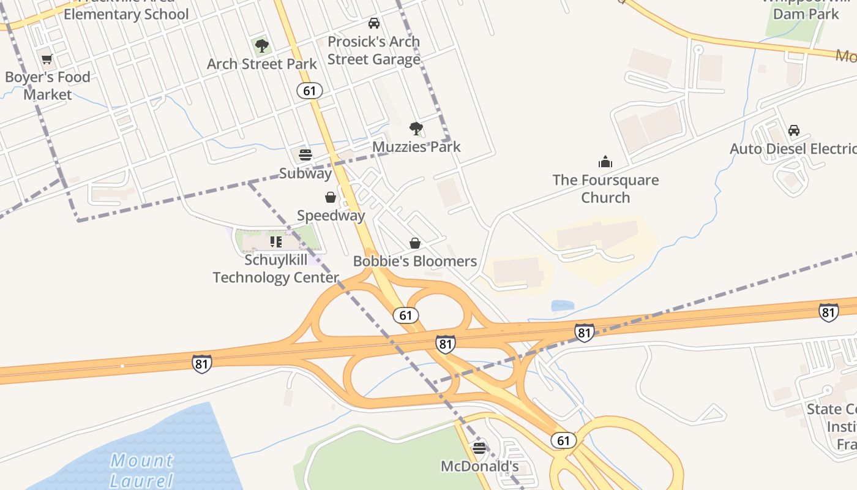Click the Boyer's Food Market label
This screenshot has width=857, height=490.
pyautogui.click(x=47, y=86)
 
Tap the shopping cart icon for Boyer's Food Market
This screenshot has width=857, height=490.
pyautogui.click(x=47, y=59)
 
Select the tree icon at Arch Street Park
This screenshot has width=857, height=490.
pyautogui.click(x=262, y=45)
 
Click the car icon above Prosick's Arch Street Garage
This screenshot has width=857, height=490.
pyautogui.click(x=373, y=23)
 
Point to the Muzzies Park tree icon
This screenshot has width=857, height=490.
pyautogui.click(x=416, y=128)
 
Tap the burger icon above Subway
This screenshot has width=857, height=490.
pyautogui.click(x=305, y=154)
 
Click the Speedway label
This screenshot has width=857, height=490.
pyautogui.click(x=331, y=216)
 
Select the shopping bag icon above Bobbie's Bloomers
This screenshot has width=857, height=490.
pyautogui.click(x=415, y=243)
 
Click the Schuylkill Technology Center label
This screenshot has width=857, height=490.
pyautogui.click(x=275, y=269)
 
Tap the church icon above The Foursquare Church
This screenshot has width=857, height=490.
pyautogui.click(x=605, y=162)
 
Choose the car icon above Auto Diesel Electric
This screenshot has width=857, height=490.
pyautogui.click(x=794, y=130)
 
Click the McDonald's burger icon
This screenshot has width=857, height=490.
pyautogui.click(x=479, y=448)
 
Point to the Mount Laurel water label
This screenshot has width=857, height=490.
pyautogui.click(x=142, y=470)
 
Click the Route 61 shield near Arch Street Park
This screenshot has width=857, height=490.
pyautogui.click(x=310, y=91)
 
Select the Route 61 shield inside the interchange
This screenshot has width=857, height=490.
pyautogui.click(x=405, y=315)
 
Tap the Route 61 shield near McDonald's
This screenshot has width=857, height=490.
pyautogui.click(x=563, y=440)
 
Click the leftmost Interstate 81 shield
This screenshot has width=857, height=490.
pyautogui.click(x=202, y=363)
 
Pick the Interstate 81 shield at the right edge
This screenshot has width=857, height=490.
pyautogui.click(x=828, y=312)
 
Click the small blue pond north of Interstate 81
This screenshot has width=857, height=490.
pyautogui.click(x=563, y=306)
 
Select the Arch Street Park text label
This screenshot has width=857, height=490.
pyautogui.click(x=262, y=64)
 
